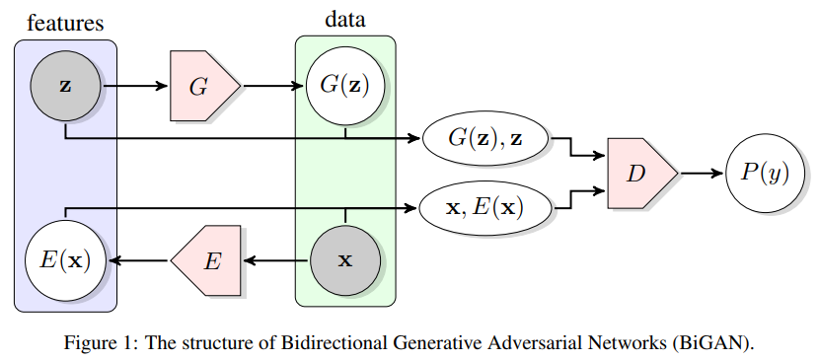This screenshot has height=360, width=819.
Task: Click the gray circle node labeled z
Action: [x=65, y=86]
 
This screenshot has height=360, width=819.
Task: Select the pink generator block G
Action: [x=202, y=86]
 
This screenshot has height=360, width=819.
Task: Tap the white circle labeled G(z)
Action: [x=344, y=86]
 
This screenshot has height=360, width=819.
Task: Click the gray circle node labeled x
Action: [x=344, y=260]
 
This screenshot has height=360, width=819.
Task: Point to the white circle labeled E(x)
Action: [x=65, y=260]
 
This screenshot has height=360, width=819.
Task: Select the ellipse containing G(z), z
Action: [x=486, y=140]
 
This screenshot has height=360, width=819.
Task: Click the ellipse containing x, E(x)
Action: [x=486, y=207]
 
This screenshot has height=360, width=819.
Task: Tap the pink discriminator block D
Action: [x=639, y=174]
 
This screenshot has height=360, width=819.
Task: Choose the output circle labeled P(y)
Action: [x=765, y=174]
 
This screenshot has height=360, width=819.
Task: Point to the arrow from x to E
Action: [x=276, y=260]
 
